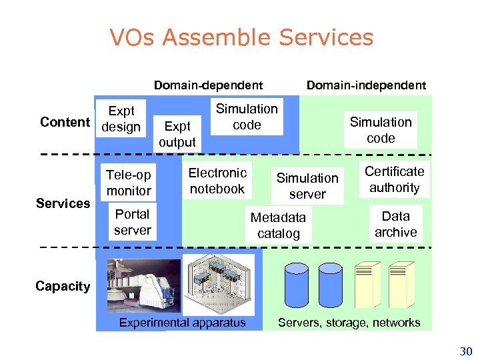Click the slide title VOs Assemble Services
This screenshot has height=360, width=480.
[241, 37]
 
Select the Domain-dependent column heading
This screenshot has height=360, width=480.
[208, 85]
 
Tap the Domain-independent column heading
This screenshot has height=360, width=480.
[365, 85]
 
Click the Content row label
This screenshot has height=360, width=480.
[65, 121]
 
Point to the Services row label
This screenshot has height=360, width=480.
[63, 203]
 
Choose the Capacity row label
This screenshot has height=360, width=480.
[63, 286]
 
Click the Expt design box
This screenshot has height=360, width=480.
[121, 119]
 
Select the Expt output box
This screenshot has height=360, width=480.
[177, 133]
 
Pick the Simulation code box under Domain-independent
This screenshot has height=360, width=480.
[381, 130]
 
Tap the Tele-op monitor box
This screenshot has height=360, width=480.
[129, 183]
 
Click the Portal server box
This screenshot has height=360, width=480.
[132, 222]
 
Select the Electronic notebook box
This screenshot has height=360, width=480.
[217, 181]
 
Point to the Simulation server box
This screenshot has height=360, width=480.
[307, 186]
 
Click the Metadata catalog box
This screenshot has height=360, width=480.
[278, 225]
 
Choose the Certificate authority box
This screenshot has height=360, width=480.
[394, 179]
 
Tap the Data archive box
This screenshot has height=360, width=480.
[395, 224]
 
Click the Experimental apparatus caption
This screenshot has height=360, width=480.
[182, 323]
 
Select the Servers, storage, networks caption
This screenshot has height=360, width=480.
[349, 323]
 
